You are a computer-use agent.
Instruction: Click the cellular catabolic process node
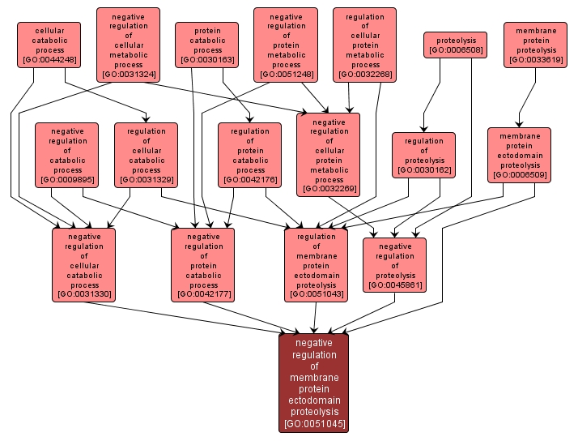coord(49,45)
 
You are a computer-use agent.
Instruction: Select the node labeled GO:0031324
coord(128,45)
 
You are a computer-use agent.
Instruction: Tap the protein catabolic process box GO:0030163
coord(207,45)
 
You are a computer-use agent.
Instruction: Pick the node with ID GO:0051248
coord(286,45)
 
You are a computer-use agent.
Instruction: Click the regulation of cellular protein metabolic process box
coord(365,45)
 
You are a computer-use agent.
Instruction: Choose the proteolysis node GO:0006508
coord(455,45)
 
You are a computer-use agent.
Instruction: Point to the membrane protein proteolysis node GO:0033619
coord(535,45)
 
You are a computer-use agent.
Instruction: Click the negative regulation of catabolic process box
coord(67,154)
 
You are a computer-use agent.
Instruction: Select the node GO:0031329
coord(146,154)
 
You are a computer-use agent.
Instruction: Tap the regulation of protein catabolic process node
coord(249,154)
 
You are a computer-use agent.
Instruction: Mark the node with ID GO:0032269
coord(329,154)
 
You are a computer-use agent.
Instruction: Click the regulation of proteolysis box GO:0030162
coord(424,154)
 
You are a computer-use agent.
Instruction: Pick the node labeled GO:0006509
coord(519,154)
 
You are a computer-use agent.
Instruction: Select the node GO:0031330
coord(84,264)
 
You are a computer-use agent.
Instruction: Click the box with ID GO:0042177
coord(203,264)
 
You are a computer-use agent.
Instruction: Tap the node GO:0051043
coord(316,264)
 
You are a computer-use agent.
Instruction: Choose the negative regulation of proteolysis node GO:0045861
coord(394,264)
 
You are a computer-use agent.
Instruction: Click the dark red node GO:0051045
coord(314,382)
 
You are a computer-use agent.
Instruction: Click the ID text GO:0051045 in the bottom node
coord(314,423)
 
